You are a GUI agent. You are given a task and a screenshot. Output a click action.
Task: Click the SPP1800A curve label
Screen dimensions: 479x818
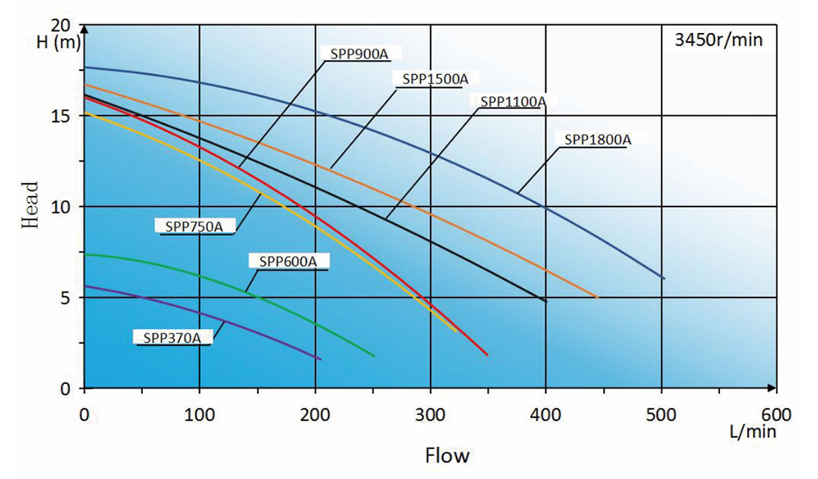point(597,140)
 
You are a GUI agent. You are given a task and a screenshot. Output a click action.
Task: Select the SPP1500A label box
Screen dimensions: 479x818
point(434,79)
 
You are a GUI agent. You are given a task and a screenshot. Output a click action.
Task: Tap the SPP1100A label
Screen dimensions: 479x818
point(513,102)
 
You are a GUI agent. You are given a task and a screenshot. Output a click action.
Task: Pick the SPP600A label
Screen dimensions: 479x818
point(288,262)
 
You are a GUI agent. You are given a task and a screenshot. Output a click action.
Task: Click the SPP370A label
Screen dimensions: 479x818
point(171,338)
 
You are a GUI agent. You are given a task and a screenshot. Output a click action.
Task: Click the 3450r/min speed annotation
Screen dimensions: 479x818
point(719,40)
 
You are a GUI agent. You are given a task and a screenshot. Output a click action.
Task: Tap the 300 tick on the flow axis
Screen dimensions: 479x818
point(430,415)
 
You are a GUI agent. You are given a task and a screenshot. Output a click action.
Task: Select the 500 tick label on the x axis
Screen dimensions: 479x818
point(661,415)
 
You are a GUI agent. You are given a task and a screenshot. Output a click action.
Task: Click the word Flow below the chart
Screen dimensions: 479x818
point(448,455)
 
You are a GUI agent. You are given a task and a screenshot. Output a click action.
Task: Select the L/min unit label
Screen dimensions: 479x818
point(752,432)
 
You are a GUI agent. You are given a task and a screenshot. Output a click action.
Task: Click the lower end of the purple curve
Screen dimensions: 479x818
point(321,360)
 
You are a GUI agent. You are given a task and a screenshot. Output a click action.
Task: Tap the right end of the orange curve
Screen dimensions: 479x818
point(597,297)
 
